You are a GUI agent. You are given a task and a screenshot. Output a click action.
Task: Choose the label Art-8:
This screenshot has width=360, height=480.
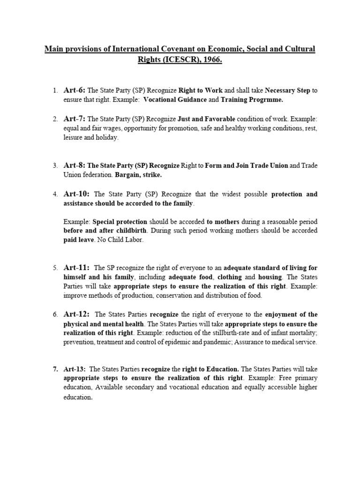74,165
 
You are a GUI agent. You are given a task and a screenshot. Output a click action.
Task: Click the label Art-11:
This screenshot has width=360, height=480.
76,267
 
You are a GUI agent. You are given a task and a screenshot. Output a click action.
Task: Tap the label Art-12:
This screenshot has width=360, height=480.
76,314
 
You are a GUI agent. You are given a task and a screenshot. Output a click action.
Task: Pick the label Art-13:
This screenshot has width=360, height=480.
75,368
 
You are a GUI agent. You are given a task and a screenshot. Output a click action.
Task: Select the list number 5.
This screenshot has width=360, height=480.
55,268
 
